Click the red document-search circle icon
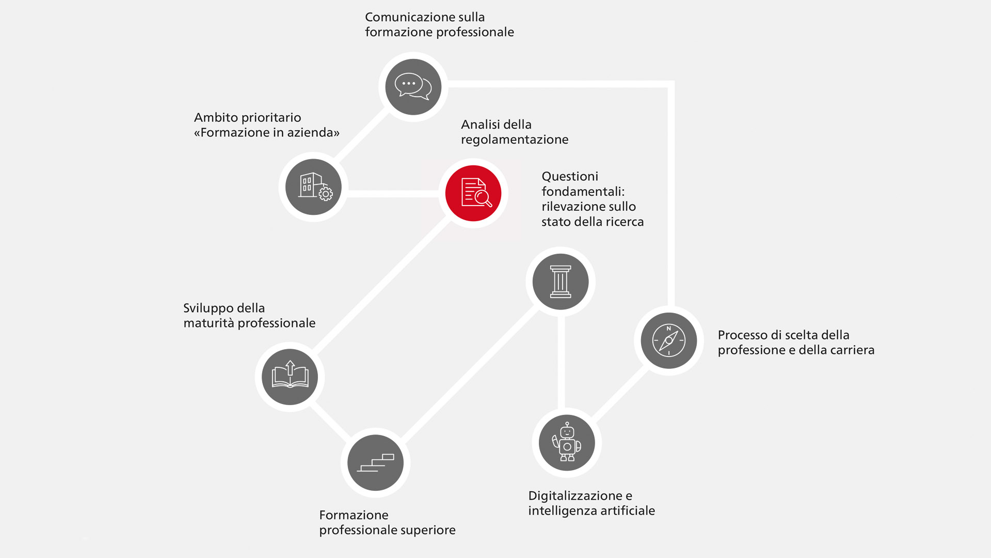pos(473,193)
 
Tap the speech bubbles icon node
pos(413,87)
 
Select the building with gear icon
pos(313,187)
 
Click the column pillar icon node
pos(561,282)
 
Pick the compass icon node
pos(669,340)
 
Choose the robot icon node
pos(567,443)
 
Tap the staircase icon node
pos(376,462)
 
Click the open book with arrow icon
pos(290,377)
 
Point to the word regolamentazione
pos(515,140)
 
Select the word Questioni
pos(570,177)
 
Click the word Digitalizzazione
pos(576,496)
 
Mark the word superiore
pos(428,531)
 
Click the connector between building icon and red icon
pos(393,194)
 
